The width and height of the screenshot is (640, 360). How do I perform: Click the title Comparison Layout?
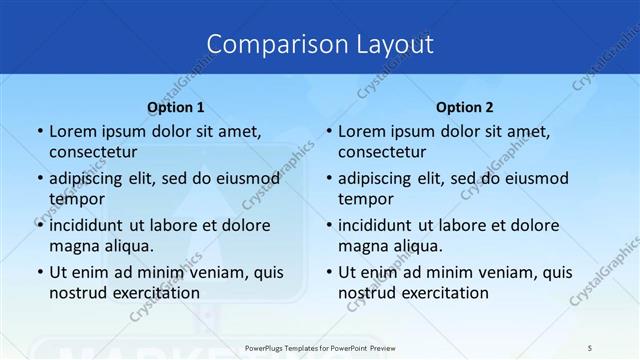[x=320, y=45]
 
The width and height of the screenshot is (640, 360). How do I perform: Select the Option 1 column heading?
[x=175, y=107]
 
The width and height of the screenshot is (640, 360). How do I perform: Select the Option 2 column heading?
[x=465, y=107]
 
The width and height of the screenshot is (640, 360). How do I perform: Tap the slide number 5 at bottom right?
[x=591, y=347]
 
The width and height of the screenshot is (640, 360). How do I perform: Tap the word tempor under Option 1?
[x=74, y=200]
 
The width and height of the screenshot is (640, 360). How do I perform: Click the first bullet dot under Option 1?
[x=39, y=132]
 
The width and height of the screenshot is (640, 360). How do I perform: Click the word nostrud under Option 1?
[x=77, y=293]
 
